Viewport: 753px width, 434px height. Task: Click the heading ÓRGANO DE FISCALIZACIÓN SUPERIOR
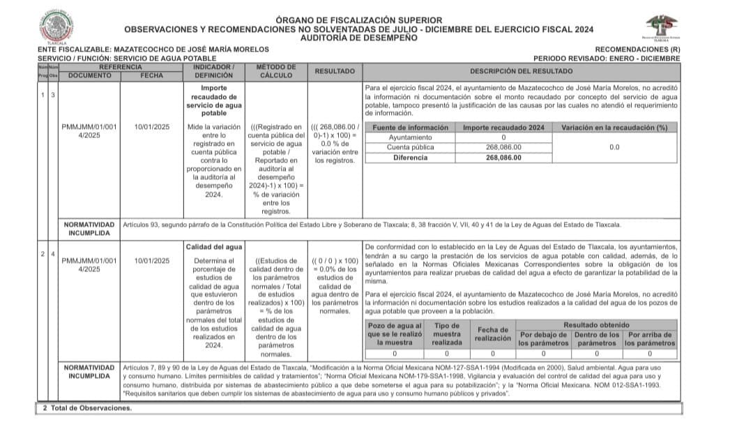coord(358,20)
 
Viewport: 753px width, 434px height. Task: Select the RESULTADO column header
coord(335,71)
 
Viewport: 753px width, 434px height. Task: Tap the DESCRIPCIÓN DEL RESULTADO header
coord(521,71)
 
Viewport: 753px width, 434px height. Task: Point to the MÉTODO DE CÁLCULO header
coord(276,71)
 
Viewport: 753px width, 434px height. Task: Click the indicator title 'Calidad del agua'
coord(214,247)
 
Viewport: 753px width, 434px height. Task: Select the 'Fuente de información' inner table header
coord(410,128)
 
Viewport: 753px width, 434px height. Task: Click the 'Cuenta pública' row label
coord(410,147)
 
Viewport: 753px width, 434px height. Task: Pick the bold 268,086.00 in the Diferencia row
coord(503,158)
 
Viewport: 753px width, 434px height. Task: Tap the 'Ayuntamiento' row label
coord(410,137)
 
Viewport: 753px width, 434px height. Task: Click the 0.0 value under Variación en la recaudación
coord(614,147)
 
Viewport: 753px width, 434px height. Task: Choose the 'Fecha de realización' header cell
coord(494,334)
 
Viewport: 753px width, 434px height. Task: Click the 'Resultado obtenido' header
coord(596,324)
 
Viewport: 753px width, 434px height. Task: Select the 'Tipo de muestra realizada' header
coord(447,334)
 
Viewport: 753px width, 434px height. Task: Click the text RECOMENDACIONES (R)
coord(638,50)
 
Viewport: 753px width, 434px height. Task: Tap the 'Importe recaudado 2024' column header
coord(503,128)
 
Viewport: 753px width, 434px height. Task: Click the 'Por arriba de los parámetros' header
coord(650,338)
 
